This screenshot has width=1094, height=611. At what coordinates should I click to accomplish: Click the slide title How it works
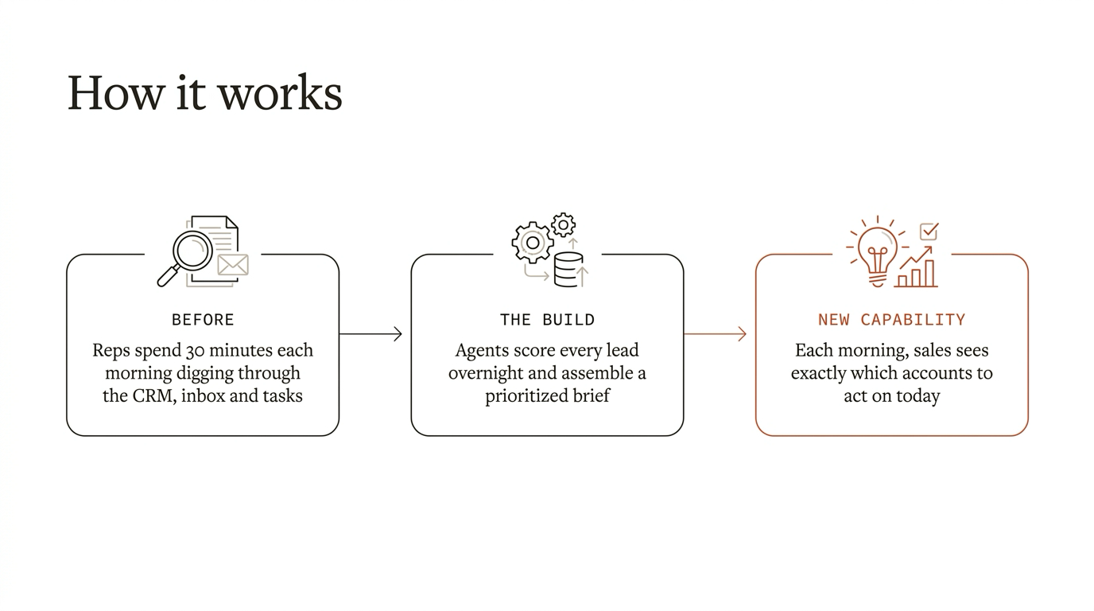204,93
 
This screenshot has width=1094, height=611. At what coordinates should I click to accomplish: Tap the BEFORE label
203,320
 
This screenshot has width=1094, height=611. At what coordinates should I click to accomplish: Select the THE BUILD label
547,320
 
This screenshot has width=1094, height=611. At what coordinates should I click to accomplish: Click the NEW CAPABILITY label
892,320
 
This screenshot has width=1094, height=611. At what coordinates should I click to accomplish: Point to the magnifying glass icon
184,258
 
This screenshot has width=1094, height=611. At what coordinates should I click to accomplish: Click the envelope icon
233,265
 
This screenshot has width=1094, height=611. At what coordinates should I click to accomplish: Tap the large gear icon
533,243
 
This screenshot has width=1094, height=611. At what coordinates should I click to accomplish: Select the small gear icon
563,225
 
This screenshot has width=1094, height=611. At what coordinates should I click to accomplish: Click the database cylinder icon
568,270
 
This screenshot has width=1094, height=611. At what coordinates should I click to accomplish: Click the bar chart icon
916,273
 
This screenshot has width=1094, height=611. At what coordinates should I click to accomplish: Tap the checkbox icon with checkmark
929,232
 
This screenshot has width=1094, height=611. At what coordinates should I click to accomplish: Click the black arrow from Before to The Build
370,334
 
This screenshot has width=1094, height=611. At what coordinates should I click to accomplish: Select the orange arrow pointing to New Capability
715,334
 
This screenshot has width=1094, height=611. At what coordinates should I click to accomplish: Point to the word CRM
153,395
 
